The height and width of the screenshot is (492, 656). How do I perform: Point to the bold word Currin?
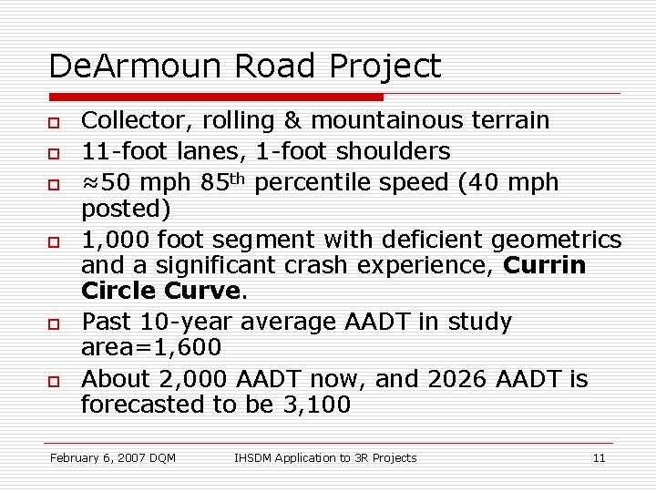[x=545, y=266]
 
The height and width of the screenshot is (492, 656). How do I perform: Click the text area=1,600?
[x=150, y=348]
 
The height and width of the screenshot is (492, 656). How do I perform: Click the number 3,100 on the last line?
[x=318, y=405]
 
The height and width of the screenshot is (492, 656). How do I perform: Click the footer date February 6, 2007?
[x=101, y=457]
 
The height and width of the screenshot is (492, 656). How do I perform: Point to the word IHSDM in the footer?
[x=258, y=457]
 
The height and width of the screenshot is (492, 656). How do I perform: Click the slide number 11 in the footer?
[x=599, y=457]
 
